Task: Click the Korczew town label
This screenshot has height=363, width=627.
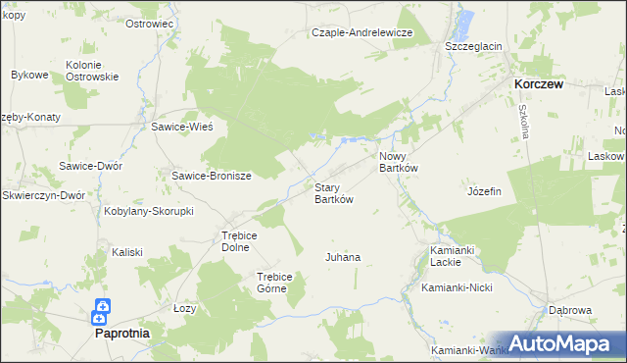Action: tap(539, 85)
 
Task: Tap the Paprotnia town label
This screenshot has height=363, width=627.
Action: tap(122, 333)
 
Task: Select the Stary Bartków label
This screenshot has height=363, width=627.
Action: tap(333, 192)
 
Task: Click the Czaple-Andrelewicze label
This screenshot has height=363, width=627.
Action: tap(362, 32)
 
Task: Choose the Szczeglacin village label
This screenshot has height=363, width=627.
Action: tap(473, 46)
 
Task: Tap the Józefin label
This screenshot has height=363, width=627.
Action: tap(484, 191)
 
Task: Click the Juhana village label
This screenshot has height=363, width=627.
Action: tap(343, 257)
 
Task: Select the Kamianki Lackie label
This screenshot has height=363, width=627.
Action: tap(453, 256)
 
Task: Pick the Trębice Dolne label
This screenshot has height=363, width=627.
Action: tap(238, 241)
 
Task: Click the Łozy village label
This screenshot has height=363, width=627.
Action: tap(184, 308)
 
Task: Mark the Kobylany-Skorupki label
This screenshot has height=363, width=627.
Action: tap(150, 211)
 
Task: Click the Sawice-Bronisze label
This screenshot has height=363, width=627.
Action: tap(212, 176)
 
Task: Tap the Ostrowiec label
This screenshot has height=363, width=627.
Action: tap(150, 23)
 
